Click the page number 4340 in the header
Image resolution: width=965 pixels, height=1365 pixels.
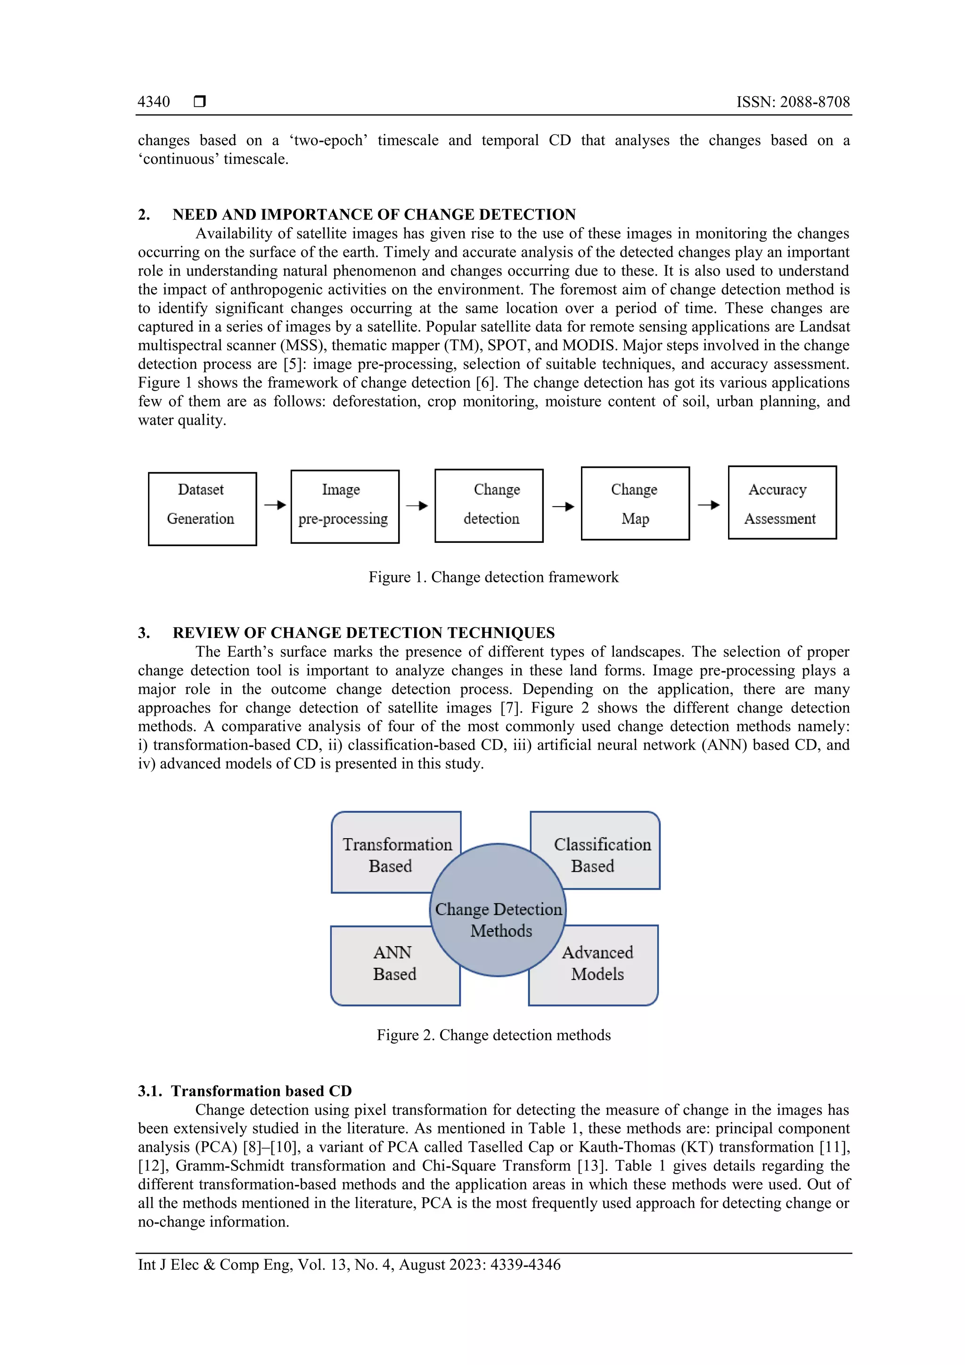click(x=154, y=102)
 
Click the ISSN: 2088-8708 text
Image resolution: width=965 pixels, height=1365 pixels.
click(x=793, y=102)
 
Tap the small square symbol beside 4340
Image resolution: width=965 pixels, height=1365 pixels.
click(x=200, y=102)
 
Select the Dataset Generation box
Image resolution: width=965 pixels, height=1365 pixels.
click(x=202, y=508)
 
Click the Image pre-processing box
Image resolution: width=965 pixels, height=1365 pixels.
click(x=345, y=506)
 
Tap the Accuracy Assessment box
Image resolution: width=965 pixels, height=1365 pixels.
click(x=782, y=502)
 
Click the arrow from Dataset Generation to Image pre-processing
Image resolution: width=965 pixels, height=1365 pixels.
click(x=275, y=505)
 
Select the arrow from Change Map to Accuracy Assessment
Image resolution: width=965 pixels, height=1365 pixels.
click(x=708, y=505)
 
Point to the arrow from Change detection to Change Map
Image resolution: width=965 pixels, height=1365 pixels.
click(x=563, y=507)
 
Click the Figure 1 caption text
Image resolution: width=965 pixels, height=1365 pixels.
click(x=493, y=577)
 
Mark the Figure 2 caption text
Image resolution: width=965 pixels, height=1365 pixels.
click(x=493, y=1035)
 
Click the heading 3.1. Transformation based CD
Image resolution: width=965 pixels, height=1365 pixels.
click(x=245, y=1091)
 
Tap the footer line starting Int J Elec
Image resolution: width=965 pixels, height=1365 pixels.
click(x=349, y=1265)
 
